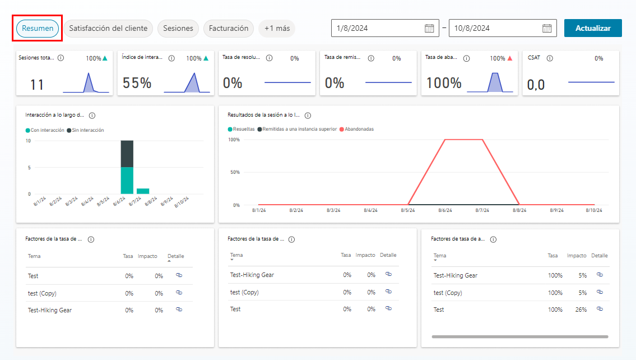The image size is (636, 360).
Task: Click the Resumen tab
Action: coord(38,29)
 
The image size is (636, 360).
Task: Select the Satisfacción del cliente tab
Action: coord(108,29)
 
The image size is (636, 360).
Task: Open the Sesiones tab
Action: coord(178,29)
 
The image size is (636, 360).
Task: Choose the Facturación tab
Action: coord(229,29)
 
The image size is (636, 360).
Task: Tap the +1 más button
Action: coord(277,29)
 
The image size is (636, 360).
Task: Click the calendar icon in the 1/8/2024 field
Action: coord(429,29)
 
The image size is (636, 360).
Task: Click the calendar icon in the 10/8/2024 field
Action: coord(547,29)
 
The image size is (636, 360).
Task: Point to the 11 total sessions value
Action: coord(37,85)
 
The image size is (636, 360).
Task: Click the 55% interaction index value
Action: coord(137,84)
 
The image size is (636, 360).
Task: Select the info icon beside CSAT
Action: coord(550,58)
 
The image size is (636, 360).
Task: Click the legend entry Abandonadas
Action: coord(359,129)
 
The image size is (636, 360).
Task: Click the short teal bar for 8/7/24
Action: coord(143,191)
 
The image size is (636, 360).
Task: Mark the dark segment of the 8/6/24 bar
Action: coord(127,154)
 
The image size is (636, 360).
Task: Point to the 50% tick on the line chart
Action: coord(234,172)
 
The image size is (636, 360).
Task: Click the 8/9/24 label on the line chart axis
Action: coord(557,210)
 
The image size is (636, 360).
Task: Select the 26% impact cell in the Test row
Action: coord(581,310)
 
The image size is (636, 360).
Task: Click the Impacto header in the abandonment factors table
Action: coord(577,256)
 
